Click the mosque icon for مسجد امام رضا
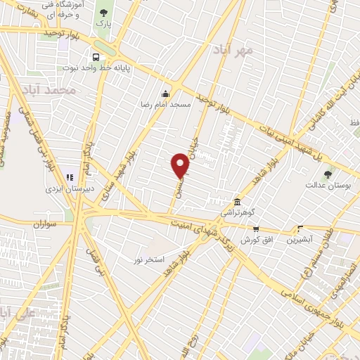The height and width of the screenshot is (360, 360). pyautogui.click(x=165, y=94)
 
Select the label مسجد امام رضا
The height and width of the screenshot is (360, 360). pyautogui.click(x=165, y=104)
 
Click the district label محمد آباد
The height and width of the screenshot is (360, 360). pyautogui.click(x=47, y=91)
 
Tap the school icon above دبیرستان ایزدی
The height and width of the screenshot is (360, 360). pyautogui.click(x=69, y=177)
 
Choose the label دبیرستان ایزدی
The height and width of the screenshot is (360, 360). pyautogui.click(x=65, y=188)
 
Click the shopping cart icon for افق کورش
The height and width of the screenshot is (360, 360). pyautogui.click(x=256, y=229)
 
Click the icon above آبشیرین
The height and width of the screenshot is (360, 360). pyautogui.click(x=301, y=229)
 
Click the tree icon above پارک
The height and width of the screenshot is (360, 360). pyautogui.click(x=105, y=12)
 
